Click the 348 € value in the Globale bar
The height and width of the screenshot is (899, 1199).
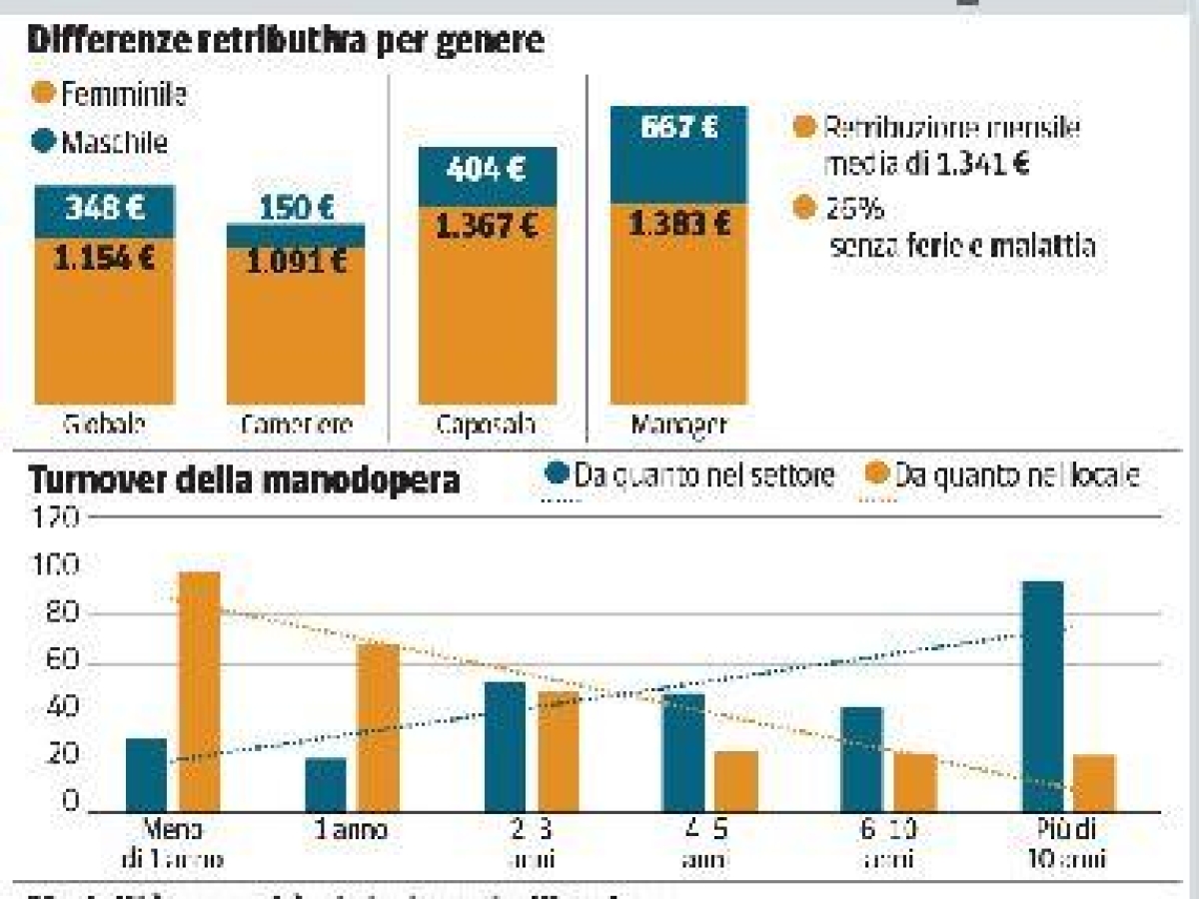[x=105, y=210]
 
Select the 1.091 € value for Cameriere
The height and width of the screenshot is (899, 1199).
[x=296, y=262]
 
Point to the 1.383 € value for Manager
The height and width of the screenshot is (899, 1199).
[x=679, y=225]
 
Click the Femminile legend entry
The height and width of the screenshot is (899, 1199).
[x=112, y=95]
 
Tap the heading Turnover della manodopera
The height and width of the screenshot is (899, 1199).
[x=245, y=480]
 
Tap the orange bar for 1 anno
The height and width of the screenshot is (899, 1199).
[x=378, y=727]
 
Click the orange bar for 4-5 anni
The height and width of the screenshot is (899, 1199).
[x=736, y=780]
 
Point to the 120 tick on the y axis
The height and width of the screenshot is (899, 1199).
[x=56, y=517]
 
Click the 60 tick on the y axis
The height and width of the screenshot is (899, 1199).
[x=60, y=663]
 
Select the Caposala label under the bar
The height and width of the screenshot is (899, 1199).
[x=486, y=424]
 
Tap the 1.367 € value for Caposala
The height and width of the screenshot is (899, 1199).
[x=487, y=226]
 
